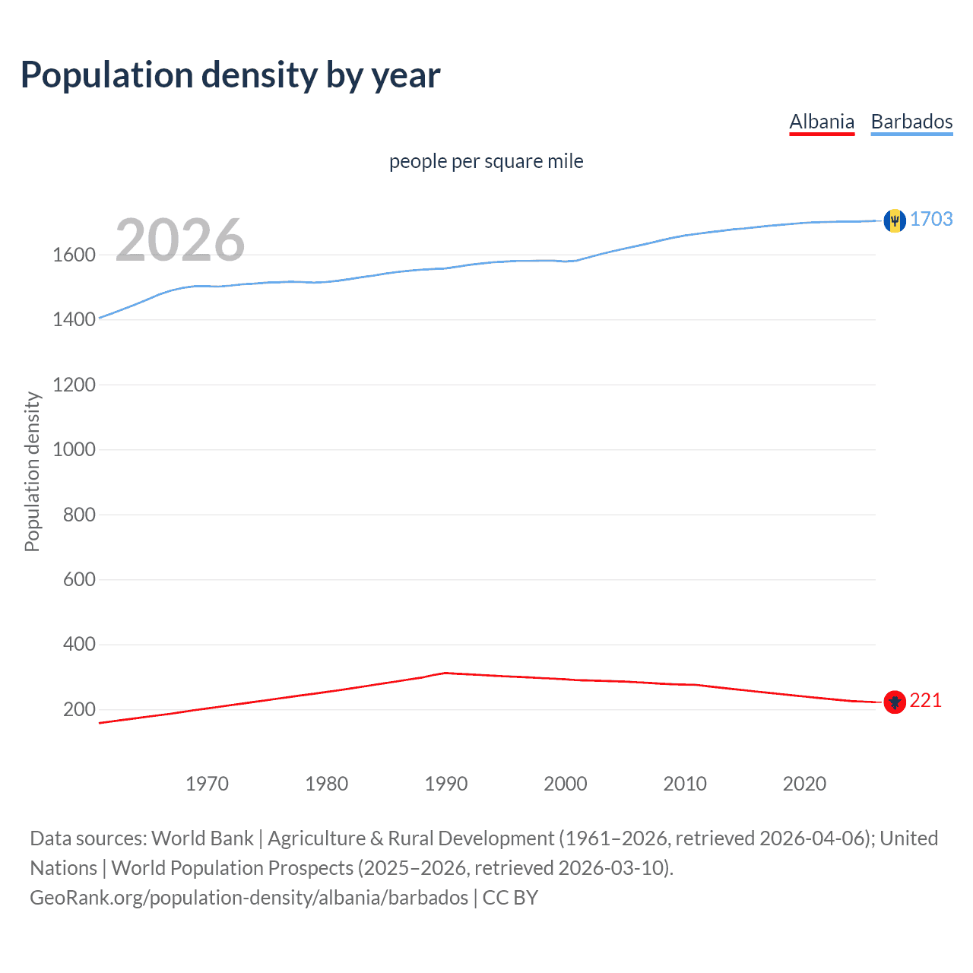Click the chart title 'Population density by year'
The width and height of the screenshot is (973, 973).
click(230, 75)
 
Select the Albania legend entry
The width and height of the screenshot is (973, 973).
click(822, 122)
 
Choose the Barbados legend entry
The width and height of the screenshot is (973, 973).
click(911, 122)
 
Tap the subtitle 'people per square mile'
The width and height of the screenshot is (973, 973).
click(486, 161)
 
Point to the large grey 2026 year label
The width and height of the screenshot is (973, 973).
click(180, 240)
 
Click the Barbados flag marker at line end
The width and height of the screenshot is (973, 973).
click(895, 220)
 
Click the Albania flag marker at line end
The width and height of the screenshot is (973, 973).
click(895, 702)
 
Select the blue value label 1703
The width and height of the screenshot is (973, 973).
click(931, 219)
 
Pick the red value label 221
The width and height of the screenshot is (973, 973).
click(925, 700)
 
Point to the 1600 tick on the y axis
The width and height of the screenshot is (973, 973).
click(74, 255)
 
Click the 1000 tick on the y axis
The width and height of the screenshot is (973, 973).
click(74, 449)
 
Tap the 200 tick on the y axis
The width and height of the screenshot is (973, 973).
click(79, 709)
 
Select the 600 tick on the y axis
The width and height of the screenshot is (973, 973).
click(79, 579)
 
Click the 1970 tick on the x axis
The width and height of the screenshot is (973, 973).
click(207, 784)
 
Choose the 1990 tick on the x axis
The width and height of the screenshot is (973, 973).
click(446, 784)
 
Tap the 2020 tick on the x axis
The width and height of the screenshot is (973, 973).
click(804, 784)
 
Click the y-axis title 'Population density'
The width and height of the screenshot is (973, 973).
click(32, 471)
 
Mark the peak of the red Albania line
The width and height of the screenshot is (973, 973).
click(445, 673)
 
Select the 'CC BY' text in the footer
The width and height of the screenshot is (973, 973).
click(510, 897)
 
